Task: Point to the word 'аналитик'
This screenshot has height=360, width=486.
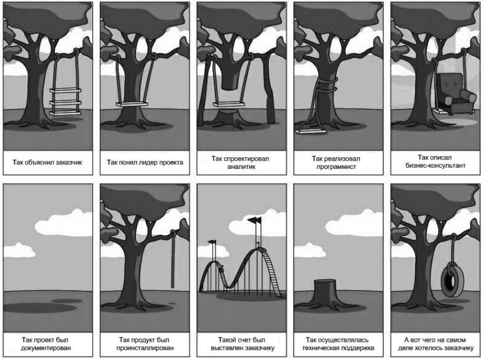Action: tap(242, 167)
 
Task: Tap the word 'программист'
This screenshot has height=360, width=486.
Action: tap(336, 167)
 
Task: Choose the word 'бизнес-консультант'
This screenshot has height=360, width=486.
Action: tap(435, 165)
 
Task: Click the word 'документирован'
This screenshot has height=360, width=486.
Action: tap(46, 348)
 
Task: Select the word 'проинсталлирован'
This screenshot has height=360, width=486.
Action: tap(145, 348)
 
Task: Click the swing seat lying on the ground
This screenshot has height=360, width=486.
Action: tap(311, 132)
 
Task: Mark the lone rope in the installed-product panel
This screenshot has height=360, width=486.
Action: tap(172, 258)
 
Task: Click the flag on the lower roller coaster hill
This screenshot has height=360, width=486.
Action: tap(212, 242)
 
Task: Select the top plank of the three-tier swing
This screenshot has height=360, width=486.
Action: tap(65, 91)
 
